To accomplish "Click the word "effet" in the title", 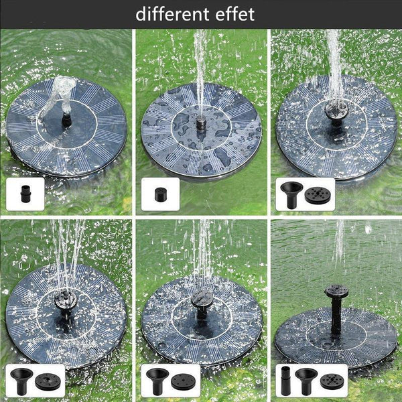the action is pos(235,14).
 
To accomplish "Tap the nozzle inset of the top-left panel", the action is pos(25,194).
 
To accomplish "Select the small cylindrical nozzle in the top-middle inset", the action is pos(160,195).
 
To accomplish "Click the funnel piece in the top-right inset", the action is pos(291,195).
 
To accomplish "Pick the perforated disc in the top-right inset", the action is pos(318,196).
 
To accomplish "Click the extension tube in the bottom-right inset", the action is pos(285,381).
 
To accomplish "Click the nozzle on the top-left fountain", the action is pos(66,120).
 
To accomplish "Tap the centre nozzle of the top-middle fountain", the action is pos(201,123).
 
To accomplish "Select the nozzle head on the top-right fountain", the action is pos(336,109).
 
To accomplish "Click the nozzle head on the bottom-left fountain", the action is pos(66,299).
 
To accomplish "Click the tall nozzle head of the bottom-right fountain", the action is pos(336,291).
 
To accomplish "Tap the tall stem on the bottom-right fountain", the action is pos(336,316).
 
